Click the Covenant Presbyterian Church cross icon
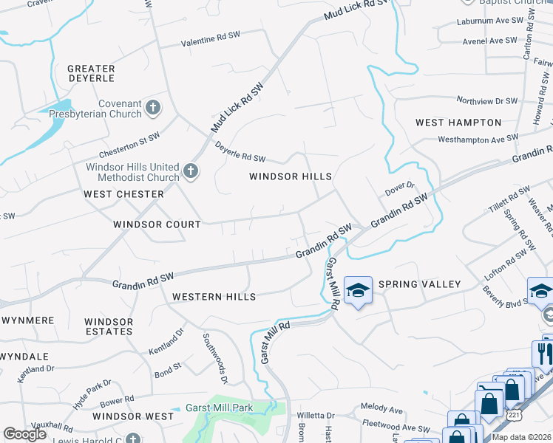(153, 109)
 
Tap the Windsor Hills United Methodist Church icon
(191, 172)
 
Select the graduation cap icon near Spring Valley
(358, 291)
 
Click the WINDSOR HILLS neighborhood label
(290, 176)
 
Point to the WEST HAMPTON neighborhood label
(458, 123)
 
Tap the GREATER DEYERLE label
(91, 73)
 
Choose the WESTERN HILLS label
(214, 297)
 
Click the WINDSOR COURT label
(157, 224)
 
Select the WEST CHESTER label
(123, 194)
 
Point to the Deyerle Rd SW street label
(240, 152)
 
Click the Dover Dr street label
(400, 190)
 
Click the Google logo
(24, 434)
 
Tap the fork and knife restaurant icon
(543, 352)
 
